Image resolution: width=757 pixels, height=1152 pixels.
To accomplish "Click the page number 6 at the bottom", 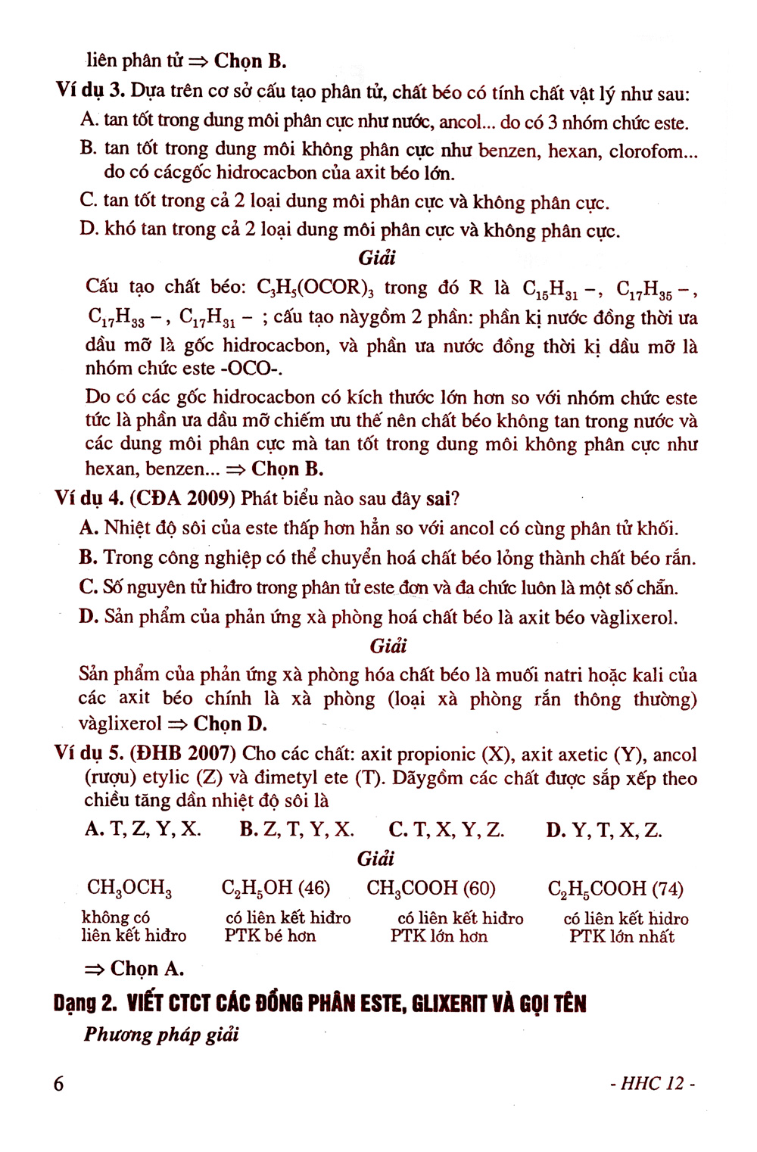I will pos(59,1083).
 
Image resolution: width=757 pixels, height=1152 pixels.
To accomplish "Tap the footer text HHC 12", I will pos(653,1083).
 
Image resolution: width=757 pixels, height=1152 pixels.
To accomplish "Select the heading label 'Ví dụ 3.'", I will pos(89,91).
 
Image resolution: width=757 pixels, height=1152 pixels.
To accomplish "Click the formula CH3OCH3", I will pos(129,888).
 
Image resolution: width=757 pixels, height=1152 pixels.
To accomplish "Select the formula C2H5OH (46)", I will pos(276,888).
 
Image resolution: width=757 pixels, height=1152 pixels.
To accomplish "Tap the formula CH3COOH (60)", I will pos(431,888).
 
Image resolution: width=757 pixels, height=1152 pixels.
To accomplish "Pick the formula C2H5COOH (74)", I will pos(615,889).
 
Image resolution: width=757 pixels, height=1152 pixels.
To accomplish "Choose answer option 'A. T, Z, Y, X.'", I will pos(143,830).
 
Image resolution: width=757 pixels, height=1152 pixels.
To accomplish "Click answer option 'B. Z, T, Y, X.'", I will pos(297,830).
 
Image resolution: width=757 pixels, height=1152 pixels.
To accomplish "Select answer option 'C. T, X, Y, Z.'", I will pos(447,830).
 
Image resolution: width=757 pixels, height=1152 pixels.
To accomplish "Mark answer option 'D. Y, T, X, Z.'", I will pos(604,830).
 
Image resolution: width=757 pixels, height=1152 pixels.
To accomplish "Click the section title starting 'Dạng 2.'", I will pos(320,1004).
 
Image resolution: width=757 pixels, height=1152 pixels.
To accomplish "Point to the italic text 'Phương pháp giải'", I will pos(161,1035).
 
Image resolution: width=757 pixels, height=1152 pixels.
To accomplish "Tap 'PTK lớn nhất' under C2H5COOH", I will pos(621,936).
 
